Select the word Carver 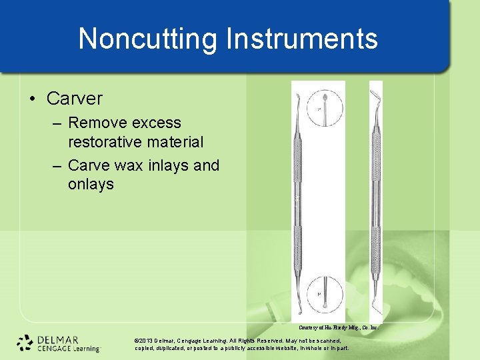click(x=75, y=99)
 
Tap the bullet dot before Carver click(x=33, y=99)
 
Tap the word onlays click(x=91, y=183)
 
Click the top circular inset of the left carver click(x=319, y=107)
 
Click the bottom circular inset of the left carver click(x=319, y=294)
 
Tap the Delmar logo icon click(x=25, y=342)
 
